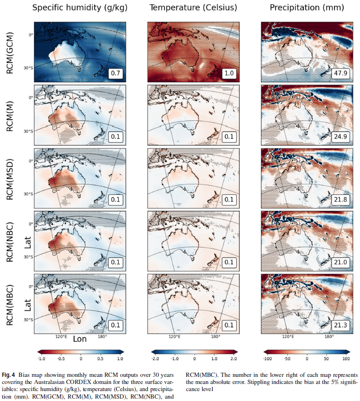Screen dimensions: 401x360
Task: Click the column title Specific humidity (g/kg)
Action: [80, 8]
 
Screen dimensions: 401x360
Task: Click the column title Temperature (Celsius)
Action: [193, 8]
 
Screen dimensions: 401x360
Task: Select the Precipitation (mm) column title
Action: [307, 8]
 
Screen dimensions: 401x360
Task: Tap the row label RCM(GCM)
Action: [10, 52]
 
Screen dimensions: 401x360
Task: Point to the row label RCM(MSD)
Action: [10, 178]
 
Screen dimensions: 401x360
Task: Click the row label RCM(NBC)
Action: [10, 241]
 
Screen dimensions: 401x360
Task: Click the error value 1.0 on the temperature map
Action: [229, 74]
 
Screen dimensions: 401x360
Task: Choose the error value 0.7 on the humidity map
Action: [116, 74]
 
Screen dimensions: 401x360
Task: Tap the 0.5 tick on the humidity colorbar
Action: [101, 359]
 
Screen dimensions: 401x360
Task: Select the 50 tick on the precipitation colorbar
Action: [327, 359]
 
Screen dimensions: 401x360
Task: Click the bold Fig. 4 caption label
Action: [9, 373]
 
